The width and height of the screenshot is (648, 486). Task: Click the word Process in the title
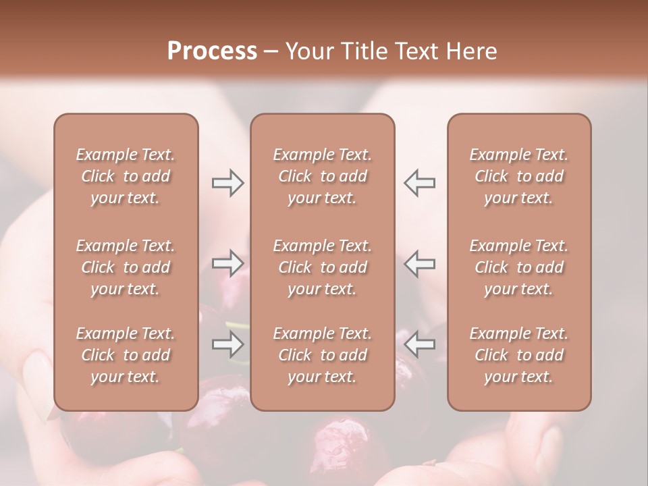(212, 51)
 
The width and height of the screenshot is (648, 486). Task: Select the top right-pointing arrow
(227, 182)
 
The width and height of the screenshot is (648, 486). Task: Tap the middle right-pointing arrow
(227, 263)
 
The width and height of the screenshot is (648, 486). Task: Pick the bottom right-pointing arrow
(227, 345)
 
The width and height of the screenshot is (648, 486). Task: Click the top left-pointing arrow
(419, 182)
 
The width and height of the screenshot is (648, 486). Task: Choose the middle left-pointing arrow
(419, 263)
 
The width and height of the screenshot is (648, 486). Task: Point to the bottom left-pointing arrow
(419, 345)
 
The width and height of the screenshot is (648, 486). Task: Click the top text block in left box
(126, 176)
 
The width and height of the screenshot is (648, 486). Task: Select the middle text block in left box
(126, 267)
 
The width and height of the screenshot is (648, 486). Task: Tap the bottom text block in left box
(126, 355)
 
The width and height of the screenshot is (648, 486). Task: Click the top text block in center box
(323, 176)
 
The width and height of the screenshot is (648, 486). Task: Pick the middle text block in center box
(323, 267)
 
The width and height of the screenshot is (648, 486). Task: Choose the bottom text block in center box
(323, 355)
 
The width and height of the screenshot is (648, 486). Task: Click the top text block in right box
(519, 176)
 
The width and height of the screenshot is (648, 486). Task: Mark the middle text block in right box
(519, 267)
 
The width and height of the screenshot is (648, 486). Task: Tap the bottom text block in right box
(519, 355)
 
